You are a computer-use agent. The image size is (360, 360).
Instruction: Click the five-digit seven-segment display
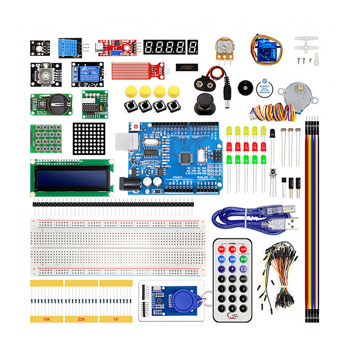[170, 47]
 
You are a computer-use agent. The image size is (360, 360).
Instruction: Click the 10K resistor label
[46, 318]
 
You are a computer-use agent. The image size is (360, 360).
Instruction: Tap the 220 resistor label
[81, 318]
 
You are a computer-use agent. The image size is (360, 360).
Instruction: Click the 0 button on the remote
[220, 278]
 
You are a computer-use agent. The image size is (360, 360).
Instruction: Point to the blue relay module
[82, 71]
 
